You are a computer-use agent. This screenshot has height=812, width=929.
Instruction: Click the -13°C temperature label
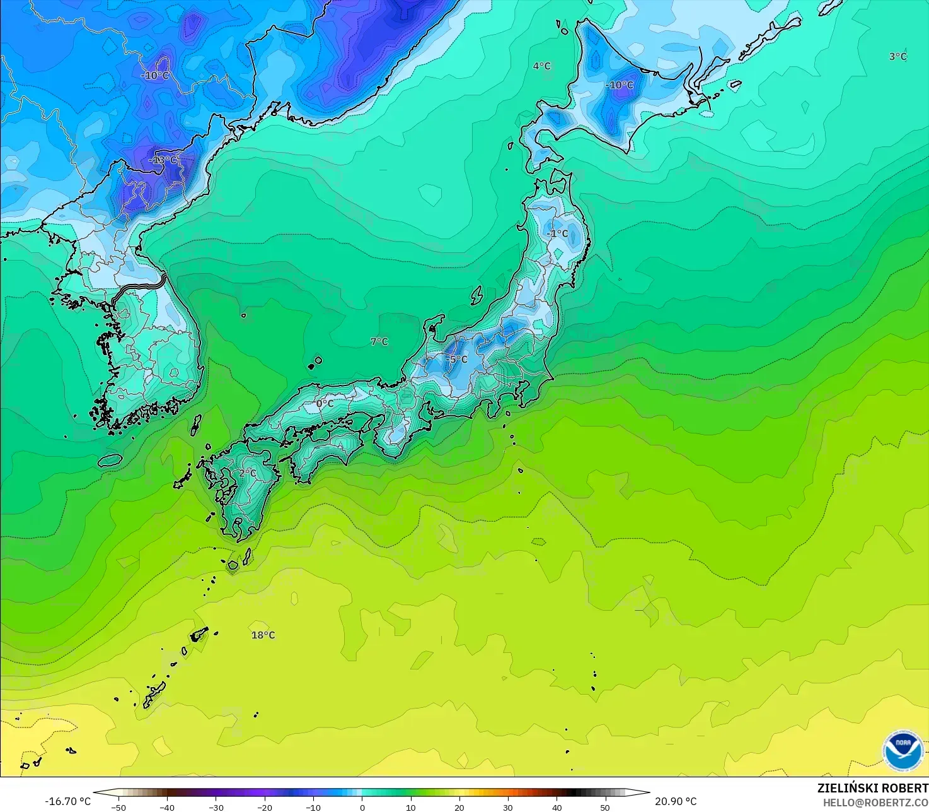point(163,160)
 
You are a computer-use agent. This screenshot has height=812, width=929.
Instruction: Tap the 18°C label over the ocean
point(263,635)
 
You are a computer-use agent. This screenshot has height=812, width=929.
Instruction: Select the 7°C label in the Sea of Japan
point(379,341)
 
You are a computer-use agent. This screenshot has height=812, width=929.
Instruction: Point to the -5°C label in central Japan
point(457,359)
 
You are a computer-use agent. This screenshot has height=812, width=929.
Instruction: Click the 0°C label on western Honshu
point(325,403)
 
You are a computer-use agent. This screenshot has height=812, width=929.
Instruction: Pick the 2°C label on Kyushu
point(248,473)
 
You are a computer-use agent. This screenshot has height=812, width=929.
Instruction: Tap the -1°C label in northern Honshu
point(557,233)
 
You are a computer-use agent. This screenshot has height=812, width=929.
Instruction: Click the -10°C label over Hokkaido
point(619,85)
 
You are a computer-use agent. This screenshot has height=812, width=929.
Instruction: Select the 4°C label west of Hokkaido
point(541,66)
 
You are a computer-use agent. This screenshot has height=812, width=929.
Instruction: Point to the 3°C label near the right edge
point(897,56)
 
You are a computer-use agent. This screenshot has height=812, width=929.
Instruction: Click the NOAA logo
point(903,750)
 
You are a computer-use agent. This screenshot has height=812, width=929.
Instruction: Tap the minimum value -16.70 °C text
point(68,801)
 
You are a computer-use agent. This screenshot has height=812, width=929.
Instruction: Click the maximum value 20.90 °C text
point(676,801)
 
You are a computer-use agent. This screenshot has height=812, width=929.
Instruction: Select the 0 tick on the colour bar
point(362,807)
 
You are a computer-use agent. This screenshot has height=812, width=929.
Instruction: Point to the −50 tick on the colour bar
point(118,807)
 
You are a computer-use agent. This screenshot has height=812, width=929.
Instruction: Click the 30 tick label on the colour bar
point(508,807)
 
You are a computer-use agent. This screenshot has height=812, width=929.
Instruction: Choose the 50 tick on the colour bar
point(605,807)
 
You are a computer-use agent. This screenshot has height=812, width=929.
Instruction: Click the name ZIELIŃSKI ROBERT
point(872,788)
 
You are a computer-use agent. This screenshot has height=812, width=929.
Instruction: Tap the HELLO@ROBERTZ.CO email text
point(875,803)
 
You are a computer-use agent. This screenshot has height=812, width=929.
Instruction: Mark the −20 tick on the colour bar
point(265,807)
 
